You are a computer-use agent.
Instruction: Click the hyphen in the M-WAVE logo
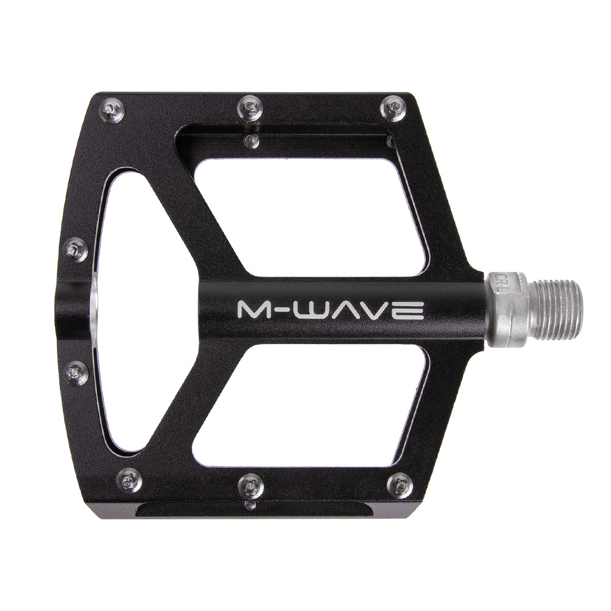click(x=279, y=310)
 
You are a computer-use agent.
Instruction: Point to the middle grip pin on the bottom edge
click(x=251, y=486)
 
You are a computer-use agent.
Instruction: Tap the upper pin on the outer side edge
click(x=76, y=249)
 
